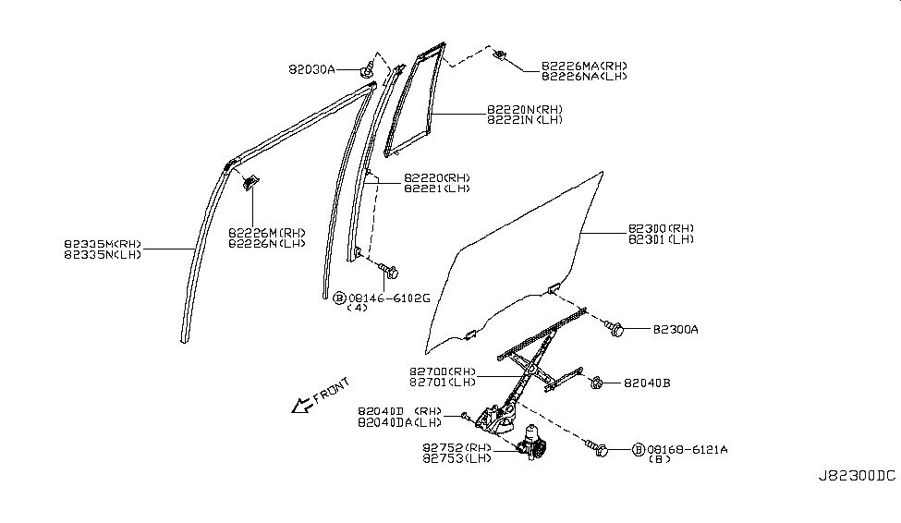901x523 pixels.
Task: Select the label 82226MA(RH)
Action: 584,66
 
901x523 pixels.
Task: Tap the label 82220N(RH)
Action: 524,109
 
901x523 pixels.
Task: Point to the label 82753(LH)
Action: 456,457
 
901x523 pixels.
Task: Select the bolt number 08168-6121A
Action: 688,449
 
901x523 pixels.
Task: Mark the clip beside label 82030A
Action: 369,69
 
